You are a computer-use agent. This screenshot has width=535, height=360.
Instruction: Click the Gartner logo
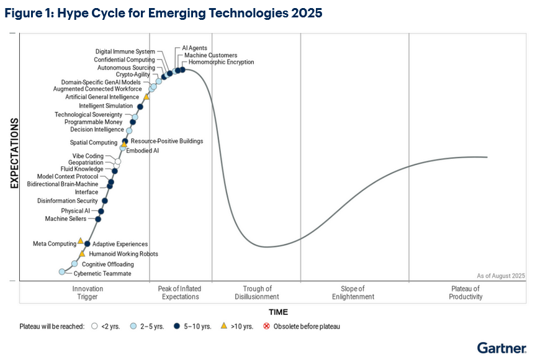click(x=501, y=348)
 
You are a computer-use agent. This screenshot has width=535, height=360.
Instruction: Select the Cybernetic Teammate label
click(x=102, y=274)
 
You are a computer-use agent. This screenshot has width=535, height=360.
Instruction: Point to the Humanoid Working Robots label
click(x=124, y=254)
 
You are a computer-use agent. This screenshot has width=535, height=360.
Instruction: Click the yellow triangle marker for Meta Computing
click(x=81, y=241)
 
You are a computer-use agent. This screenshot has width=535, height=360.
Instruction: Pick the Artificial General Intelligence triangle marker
click(x=146, y=97)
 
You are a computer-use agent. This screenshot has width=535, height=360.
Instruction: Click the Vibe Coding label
click(x=88, y=156)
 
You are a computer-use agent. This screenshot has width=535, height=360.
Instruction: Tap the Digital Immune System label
click(x=125, y=52)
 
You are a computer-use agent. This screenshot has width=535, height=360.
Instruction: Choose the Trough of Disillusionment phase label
click(x=257, y=292)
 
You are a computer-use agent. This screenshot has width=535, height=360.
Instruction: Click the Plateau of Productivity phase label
click(x=465, y=292)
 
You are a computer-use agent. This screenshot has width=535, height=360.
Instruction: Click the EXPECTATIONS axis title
click(x=13, y=153)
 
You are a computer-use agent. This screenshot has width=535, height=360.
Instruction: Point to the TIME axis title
click(x=278, y=312)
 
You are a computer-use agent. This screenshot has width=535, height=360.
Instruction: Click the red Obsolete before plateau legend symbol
click(x=266, y=326)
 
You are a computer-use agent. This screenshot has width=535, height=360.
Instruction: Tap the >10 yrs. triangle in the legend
click(x=223, y=326)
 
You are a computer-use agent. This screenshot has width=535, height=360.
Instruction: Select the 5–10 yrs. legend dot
click(x=177, y=326)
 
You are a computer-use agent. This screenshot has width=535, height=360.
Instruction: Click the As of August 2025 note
click(x=501, y=276)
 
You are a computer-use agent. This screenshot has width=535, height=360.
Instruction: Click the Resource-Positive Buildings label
click(x=167, y=141)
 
